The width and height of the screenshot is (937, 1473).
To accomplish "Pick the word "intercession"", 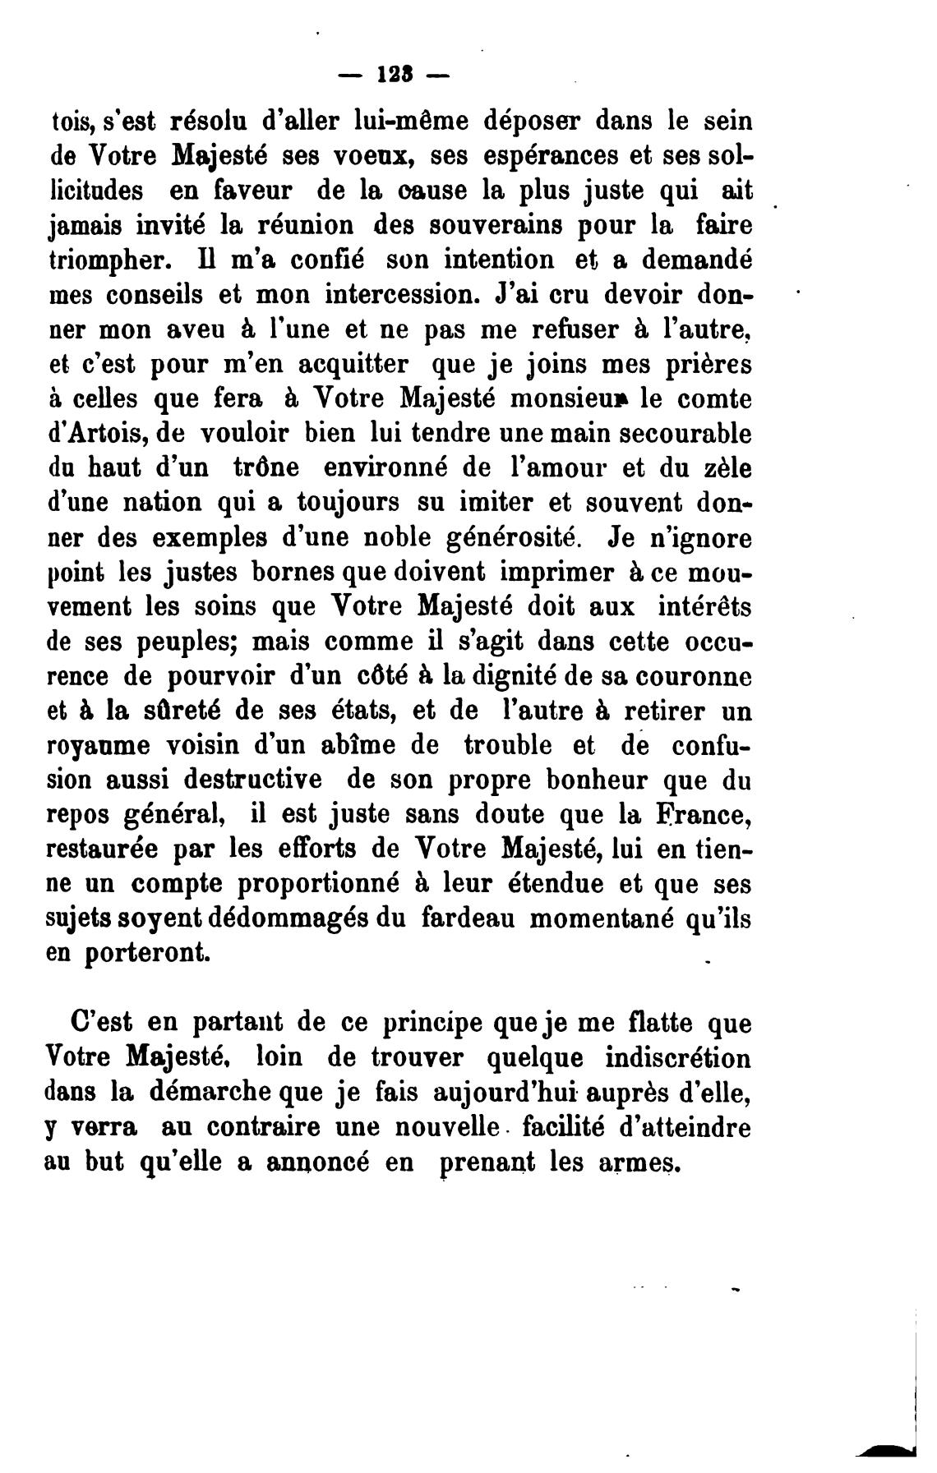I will (x=402, y=295).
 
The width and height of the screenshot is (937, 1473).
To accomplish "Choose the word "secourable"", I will (x=685, y=434).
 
